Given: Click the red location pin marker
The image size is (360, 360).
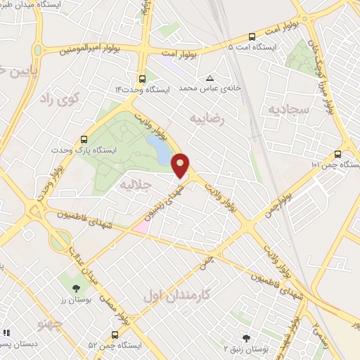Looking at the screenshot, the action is [x=181, y=165].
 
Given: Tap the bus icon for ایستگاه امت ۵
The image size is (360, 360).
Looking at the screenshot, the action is [x=252, y=37].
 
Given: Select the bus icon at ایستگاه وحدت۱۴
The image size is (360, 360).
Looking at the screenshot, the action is [x=143, y=79].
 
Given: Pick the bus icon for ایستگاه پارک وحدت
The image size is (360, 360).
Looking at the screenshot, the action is [x=84, y=139].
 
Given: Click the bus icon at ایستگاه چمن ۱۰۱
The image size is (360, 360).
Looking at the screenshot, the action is [x=338, y=154].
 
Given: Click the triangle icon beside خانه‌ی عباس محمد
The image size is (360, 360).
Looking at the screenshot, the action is [x=209, y=78].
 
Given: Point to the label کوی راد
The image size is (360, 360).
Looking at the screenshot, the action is [x=71, y=100].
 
